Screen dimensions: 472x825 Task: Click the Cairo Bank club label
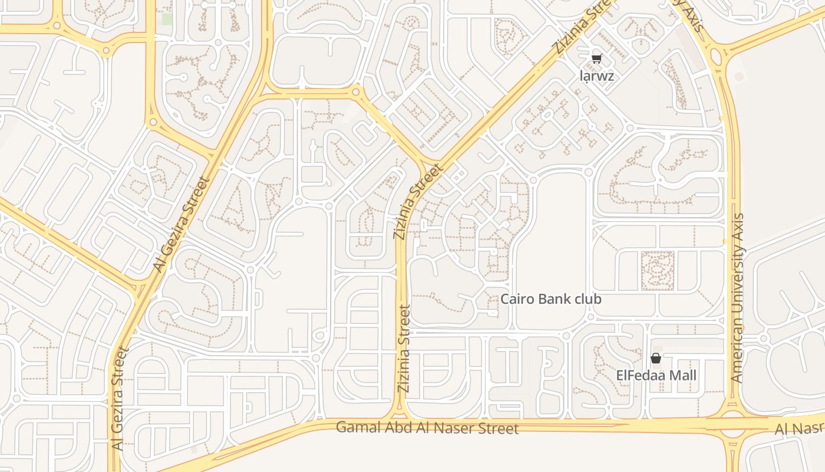[551, 299]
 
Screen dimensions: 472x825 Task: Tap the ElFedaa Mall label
[656, 375]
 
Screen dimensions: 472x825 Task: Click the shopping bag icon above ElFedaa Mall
[655, 358]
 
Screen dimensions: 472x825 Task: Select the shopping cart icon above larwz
[596, 58]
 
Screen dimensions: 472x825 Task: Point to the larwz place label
[596, 76]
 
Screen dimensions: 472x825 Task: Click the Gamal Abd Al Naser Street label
[427, 427]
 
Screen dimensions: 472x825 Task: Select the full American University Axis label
[737, 298]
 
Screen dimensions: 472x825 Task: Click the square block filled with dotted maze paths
[656, 270]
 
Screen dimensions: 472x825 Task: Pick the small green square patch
[167, 19]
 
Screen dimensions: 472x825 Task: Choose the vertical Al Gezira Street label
[119, 399]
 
